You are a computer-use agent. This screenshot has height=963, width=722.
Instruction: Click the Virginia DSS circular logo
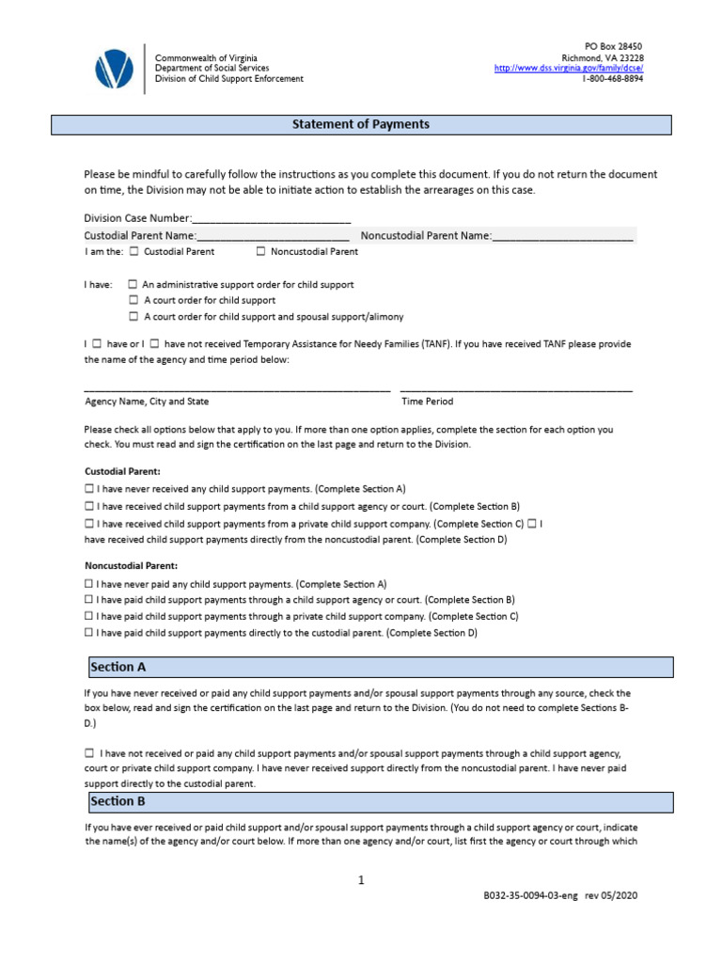114,69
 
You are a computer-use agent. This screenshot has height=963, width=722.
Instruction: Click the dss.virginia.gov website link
568,69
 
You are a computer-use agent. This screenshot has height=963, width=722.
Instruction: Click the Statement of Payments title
361,125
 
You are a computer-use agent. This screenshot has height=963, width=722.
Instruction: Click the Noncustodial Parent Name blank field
562,235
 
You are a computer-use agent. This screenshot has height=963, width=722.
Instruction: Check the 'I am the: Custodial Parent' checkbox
133,251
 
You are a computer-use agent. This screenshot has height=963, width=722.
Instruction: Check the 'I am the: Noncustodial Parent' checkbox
260,251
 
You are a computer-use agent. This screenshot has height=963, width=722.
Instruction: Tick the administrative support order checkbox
133,284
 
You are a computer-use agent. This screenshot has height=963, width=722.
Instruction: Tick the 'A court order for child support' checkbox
133,301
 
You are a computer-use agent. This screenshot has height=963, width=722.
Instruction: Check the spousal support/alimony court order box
133,317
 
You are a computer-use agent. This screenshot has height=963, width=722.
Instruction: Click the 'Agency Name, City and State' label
147,402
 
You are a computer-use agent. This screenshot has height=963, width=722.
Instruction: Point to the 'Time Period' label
427,402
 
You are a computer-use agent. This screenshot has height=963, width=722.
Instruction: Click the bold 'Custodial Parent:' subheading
122,470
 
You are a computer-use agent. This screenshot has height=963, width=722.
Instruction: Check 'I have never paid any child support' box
89,584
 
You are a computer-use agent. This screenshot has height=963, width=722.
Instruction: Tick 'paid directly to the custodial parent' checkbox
89,633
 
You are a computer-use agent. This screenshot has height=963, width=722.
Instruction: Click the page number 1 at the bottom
360,880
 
